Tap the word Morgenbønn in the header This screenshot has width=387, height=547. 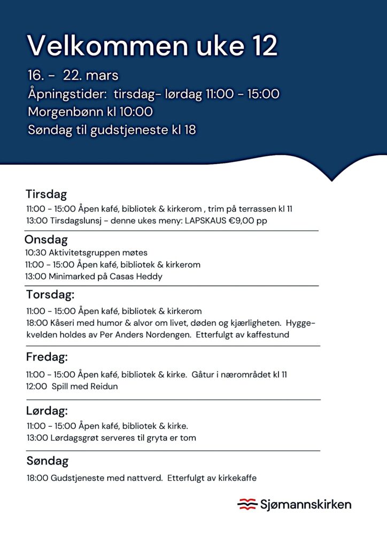pyautogui.click(x=69, y=112)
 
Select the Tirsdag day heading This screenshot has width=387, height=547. pyautogui.click(x=47, y=194)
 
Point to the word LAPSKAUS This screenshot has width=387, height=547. pyautogui.click(x=206, y=220)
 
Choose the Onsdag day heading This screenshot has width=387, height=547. pyautogui.click(x=46, y=240)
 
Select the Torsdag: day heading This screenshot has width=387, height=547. pyautogui.click(x=50, y=294)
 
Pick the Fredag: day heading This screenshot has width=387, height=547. pyautogui.click(x=47, y=357)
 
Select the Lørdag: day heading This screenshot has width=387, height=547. pyautogui.click(x=47, y=411)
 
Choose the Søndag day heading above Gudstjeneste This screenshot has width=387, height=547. pyautogui.click(x=48, y=460)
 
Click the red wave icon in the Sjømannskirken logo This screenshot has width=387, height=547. pyautogui.click(x=247, y=504)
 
